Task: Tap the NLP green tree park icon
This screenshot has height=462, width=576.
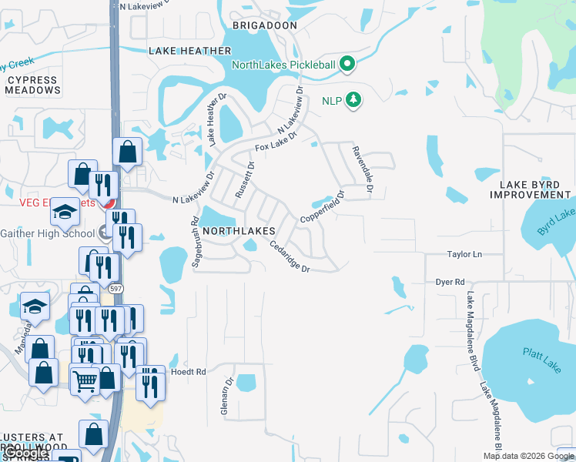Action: tap(353, 100)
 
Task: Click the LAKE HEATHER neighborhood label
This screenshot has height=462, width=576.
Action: tap(189, 51)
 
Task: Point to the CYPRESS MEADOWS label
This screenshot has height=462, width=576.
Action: tap(32, 85)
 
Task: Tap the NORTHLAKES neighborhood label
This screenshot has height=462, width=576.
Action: tap(239, 231)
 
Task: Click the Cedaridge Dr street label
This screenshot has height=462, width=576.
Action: tap(289, 257)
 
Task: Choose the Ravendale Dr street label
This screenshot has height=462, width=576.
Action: tap(362, 169)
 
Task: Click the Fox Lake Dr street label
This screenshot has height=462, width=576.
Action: tap(276, 142)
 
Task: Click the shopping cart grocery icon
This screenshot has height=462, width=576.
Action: tap(85, 380)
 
